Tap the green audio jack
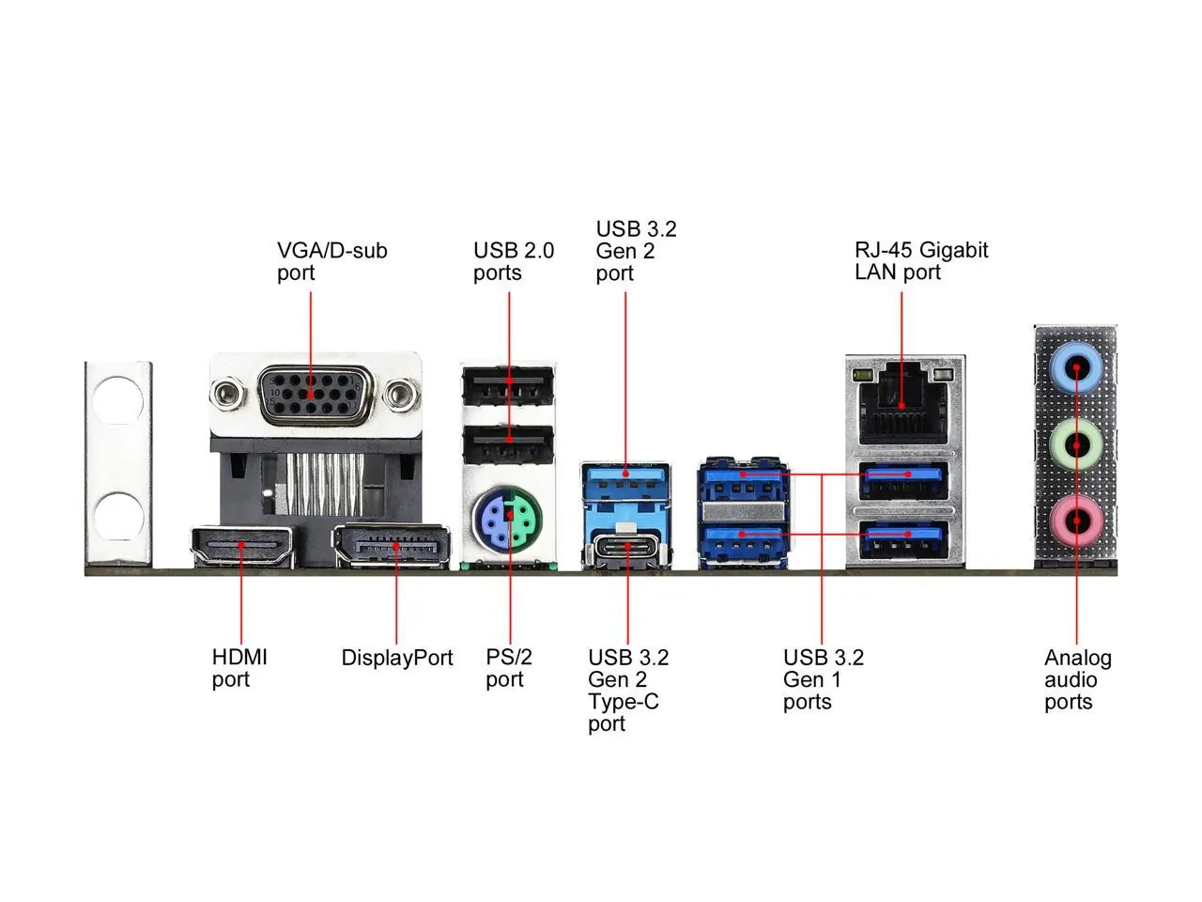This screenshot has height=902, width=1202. click(1076, 442)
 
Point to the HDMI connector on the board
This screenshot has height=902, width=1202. click(243, 546)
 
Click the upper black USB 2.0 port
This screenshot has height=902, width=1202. click(508, 386)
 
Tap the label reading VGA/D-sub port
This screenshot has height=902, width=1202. click(331, 261)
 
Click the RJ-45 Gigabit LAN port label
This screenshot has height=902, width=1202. click(920, 260)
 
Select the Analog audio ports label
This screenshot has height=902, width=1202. click(1076, 679)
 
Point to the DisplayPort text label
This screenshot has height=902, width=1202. click(396, 658)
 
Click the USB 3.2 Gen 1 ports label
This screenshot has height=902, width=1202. click(823, 679)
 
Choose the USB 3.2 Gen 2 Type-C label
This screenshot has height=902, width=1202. click(627, 691)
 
